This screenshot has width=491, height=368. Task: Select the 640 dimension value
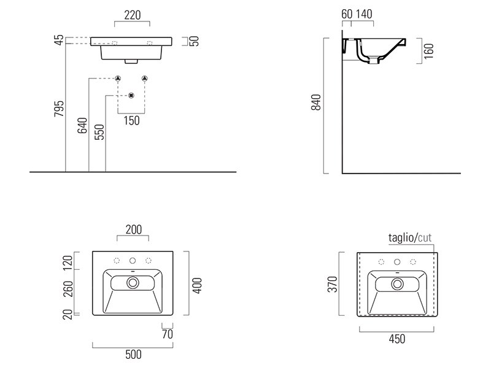click(x=82, y=126)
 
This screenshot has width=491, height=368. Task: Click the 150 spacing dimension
click(x=131, y=121)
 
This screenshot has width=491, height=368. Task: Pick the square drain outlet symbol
click(x=131, y=96)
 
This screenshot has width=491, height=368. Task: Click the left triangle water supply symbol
click(x=117, y=79)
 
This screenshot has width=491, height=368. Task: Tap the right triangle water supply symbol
click(x=145, y=79)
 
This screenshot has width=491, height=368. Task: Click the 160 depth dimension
click(x=430, y=50)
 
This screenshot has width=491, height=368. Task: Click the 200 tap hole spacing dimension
click(x=134, y=230)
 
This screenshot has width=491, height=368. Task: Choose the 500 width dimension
click(x=133, y=354)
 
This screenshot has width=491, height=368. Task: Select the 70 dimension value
click(x=167, y=335)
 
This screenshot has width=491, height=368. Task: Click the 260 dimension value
click(x=68, y=288)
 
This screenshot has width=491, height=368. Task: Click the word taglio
click(x=401, y=237)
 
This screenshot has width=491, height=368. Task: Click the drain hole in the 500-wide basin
click(x=133, y=283)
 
